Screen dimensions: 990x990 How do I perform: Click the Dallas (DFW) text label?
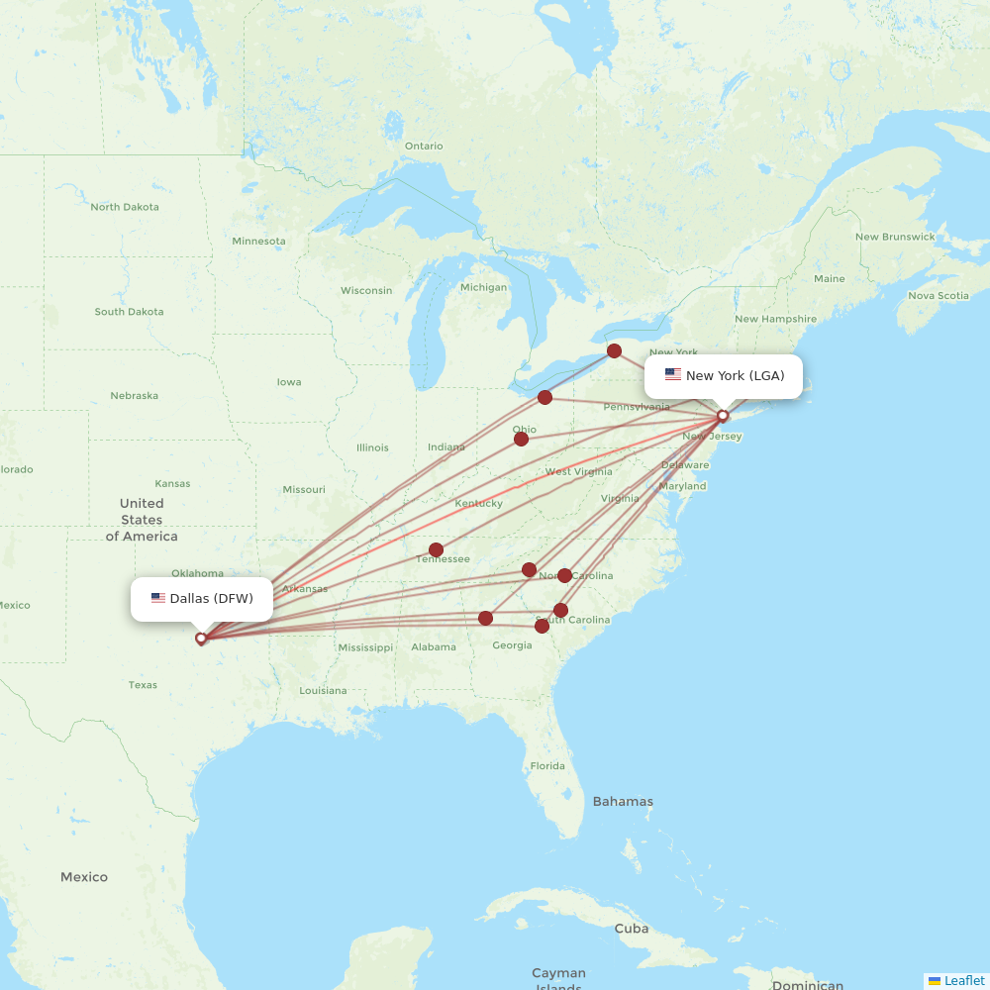211,598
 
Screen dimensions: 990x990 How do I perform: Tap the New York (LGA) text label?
735,375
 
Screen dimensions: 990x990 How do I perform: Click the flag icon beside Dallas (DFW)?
158,598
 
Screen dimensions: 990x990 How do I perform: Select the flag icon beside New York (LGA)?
673,374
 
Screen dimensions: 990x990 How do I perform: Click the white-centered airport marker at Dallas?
201,639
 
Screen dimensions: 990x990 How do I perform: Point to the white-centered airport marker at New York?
723,416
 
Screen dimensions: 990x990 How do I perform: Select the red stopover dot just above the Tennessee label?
436,549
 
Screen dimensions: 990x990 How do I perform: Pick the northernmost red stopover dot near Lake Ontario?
614,350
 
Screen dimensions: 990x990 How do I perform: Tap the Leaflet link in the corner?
963,980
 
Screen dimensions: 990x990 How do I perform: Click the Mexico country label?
84,877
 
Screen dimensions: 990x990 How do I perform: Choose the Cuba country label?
632,929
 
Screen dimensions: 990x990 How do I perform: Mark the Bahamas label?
623,801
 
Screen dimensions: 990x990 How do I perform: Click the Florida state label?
547,765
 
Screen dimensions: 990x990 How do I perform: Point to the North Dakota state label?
125,207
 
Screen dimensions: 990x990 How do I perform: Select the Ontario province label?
424,146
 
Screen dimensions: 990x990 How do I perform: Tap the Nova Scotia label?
939,295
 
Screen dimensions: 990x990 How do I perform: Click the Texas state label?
143,684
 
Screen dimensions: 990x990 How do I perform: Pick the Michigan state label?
483,287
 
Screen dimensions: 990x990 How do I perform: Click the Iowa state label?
289,382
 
